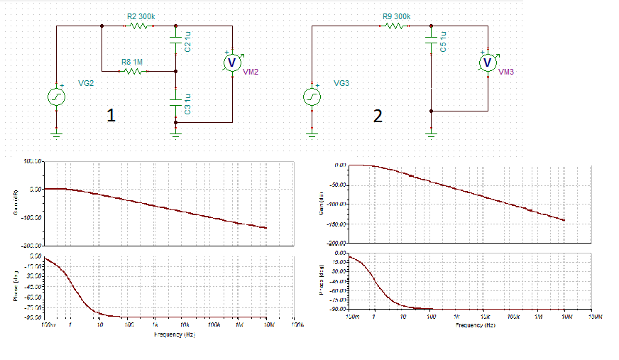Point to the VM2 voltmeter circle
231,62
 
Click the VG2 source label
86,83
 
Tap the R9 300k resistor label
395,16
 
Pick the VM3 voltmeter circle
487,62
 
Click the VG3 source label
341,83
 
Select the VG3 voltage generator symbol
312,97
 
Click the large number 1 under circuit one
111,116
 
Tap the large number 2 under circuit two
378,116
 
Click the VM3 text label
506,72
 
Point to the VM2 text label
251,72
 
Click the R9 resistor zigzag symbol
395,26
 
